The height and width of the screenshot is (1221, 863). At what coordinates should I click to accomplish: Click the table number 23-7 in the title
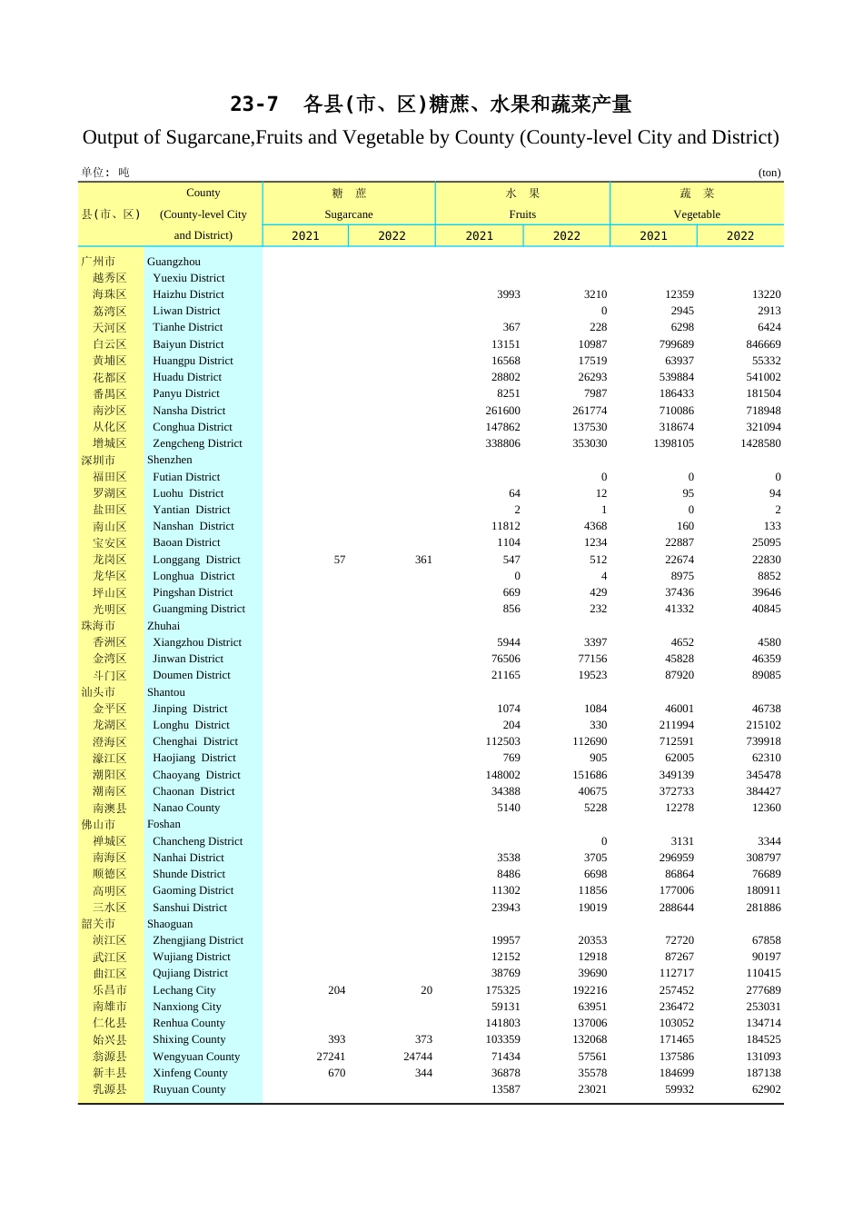pyautogui.click(x=253, y=104)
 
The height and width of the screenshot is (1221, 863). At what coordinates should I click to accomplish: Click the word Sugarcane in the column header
pyautogui.click(x=349, y=214)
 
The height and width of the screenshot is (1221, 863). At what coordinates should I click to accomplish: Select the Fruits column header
pyautogui.click(x=522, y=214)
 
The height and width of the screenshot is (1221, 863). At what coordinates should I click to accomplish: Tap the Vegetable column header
pyautogui.click(x=697, y=214)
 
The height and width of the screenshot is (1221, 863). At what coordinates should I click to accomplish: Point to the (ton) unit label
pyautogui.click(x=769, y=173)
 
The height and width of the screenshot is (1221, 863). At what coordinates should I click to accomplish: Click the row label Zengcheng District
pyautogui.click(x=197, y=443)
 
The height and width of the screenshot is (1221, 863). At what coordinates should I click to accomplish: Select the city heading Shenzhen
pyautogui.click(x=170, y=460)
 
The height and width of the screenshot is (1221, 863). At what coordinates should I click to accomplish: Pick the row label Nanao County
pyautogui.click(x=186, y=808)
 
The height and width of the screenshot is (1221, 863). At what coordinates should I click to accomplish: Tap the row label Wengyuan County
pyautogui.click(x=196, y=1057)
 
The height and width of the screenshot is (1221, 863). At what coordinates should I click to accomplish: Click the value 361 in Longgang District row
pyautogui.click(x=423, y=560)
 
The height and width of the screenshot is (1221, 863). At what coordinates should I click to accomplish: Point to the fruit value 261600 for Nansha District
pyautogui.click(x=503, y=411)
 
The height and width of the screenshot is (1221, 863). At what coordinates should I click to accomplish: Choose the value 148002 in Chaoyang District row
pyautogui.click(x=503, y=775)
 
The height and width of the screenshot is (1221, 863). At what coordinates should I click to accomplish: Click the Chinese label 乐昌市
pyautogui.click(x=110, y=990)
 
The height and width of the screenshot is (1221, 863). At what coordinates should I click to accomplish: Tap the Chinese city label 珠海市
pyautogui.click(x=98, y=626)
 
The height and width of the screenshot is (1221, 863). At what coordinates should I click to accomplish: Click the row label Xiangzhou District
pyautogui.click(x=197, y=642)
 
